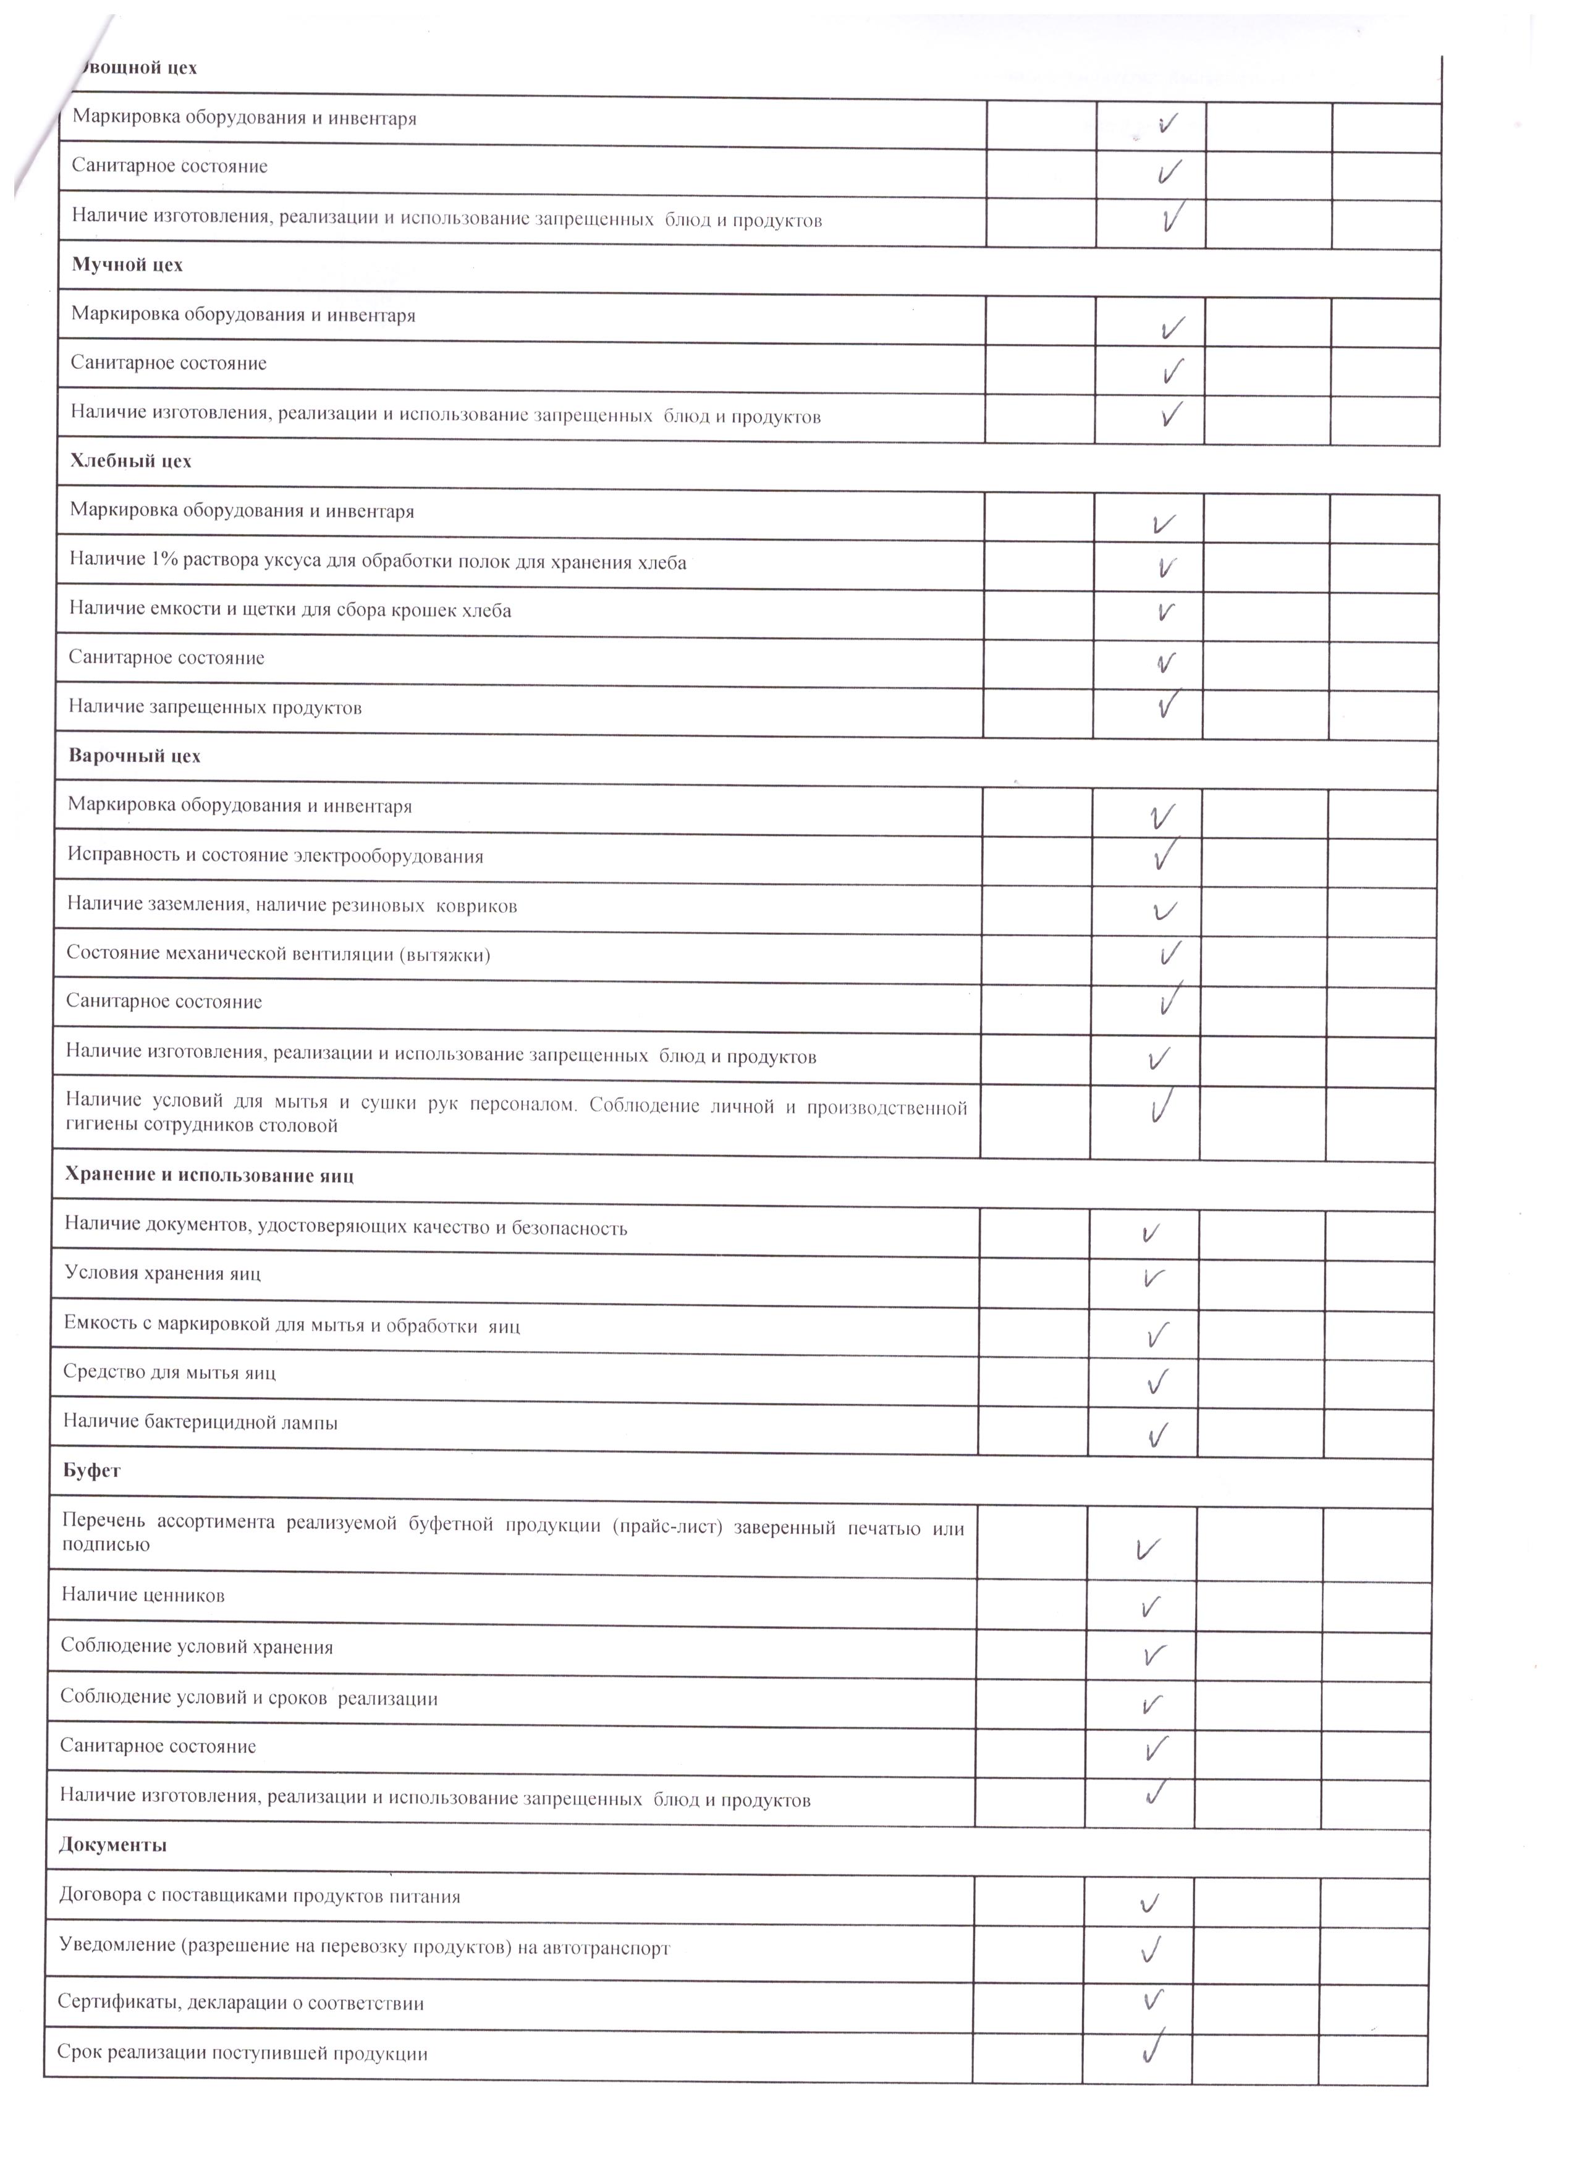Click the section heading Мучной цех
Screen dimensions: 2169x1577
127,265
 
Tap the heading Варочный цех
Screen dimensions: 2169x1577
134,756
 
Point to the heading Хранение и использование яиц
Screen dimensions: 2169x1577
209,1175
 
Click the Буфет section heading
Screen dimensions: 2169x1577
92,1471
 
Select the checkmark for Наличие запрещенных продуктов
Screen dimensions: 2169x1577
1166,705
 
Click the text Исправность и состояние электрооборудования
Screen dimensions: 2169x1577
276,856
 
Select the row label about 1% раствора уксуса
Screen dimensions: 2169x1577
378,562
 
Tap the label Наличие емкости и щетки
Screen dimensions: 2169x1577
290,610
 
